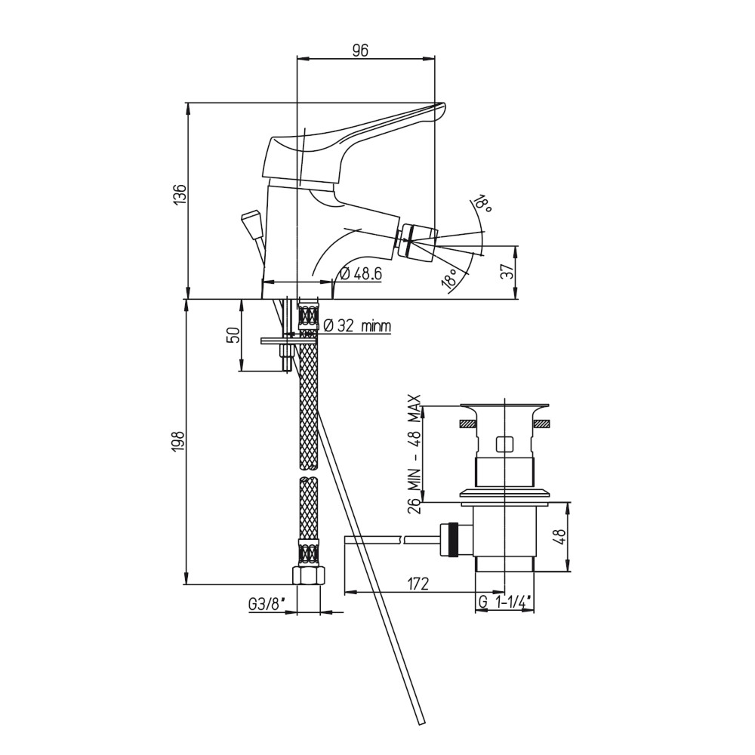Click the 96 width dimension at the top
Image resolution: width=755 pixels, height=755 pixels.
click(360, 50)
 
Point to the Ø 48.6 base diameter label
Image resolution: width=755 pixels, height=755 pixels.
click(360, 274)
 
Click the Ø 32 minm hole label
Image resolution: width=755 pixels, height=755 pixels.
click(357, 326)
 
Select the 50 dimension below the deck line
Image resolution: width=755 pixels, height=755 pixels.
click(233, 334)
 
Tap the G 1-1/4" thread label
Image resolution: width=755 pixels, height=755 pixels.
click(504, 602)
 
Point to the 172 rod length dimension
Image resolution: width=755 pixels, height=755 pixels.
click(418, 584)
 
